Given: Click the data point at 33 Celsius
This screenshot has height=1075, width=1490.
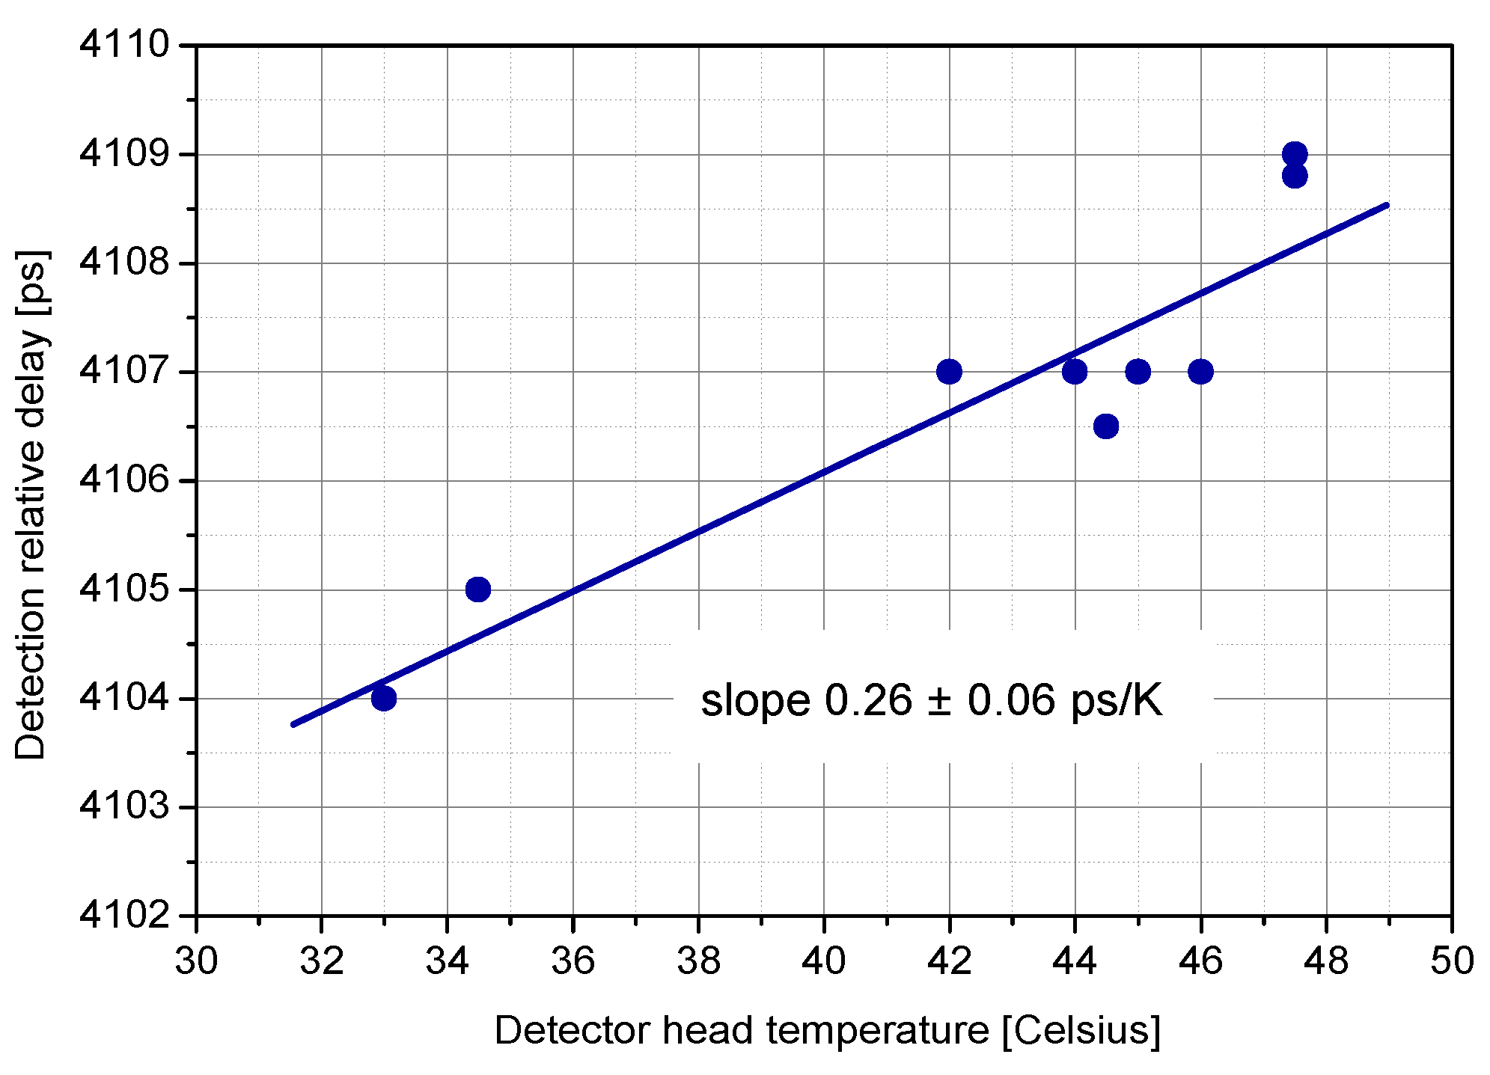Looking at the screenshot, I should tap(383, 698).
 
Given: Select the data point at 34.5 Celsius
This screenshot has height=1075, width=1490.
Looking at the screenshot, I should tap(477, 589).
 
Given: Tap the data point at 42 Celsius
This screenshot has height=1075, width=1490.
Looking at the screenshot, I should tap(948, 371).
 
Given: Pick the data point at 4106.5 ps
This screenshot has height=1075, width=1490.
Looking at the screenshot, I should tap(1105, 426).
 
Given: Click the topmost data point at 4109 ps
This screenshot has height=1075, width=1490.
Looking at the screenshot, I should tap(1294, 154).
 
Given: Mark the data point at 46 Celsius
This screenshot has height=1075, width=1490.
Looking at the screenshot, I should tap(1200, 371).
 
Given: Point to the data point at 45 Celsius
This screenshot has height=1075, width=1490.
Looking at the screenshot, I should tap(1137, 371).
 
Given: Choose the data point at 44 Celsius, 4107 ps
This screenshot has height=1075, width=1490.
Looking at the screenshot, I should tap(1074, 371).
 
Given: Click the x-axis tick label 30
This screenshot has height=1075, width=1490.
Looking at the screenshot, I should tap(196, 961).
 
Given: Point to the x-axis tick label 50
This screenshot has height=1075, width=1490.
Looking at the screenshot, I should tap(1451, 961).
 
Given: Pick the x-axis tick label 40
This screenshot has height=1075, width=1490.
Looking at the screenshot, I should tap(823, 961).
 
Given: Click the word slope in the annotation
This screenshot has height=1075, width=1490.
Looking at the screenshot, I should tap(755, 701).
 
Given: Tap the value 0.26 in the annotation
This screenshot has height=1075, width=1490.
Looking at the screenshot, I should tap(868, 701).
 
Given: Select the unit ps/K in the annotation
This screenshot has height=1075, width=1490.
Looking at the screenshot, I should tap(1116, 701).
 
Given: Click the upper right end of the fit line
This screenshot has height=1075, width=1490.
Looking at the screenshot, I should tap(1386, 205).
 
